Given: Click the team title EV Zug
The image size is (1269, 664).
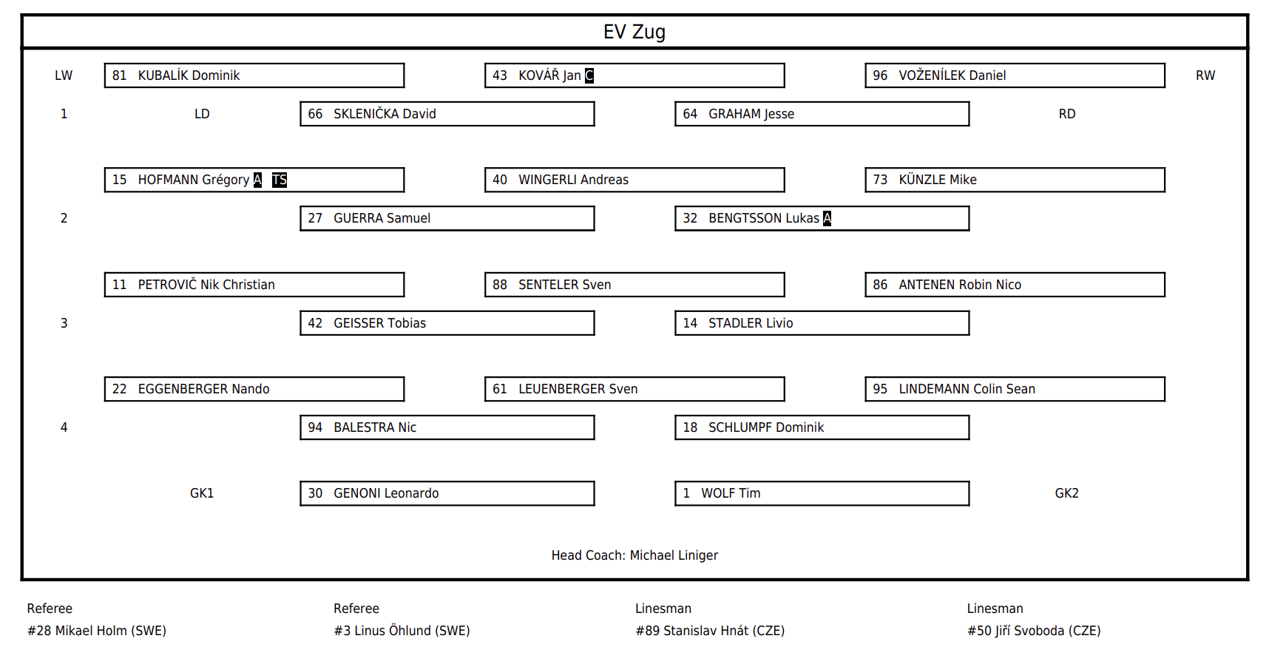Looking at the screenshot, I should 634,32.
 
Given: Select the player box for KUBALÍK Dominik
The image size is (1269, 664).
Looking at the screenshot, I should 254,75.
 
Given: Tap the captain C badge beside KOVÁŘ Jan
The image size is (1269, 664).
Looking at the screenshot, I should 589,75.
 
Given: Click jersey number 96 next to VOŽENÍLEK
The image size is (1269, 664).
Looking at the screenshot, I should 880,75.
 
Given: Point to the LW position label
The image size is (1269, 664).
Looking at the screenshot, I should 64,75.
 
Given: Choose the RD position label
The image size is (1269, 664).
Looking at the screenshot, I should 1066,114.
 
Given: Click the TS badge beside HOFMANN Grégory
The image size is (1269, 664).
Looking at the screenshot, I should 280,180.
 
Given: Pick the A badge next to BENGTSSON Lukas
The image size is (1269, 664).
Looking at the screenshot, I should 827,218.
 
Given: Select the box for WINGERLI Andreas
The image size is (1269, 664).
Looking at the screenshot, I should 634,180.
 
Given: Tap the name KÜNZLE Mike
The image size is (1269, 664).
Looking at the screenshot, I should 938,180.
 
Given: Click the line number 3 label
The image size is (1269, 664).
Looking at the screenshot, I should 64,323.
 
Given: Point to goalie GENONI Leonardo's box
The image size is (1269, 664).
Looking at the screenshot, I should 447,493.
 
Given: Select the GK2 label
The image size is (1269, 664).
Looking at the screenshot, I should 1066,493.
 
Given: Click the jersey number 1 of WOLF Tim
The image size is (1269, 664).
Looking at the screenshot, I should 686,493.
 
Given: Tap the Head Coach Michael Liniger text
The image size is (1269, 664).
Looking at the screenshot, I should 634,555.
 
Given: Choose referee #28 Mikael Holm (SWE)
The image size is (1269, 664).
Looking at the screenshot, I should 97,631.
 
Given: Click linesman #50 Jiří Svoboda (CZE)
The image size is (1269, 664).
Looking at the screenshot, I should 1034,631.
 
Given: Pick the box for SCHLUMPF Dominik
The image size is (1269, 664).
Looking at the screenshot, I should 822,427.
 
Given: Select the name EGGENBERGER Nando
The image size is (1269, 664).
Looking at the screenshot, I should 203,389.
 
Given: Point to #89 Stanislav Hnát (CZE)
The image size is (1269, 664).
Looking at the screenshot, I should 710,631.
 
